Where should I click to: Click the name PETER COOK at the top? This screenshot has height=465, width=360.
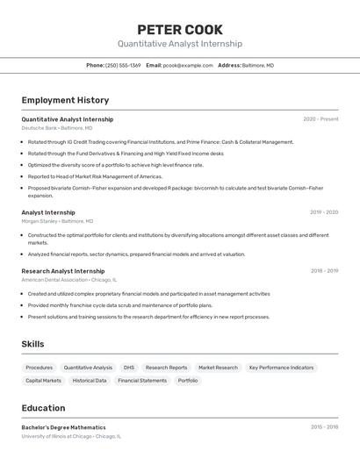[180, 30]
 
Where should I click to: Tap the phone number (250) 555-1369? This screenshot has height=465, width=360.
[123, 65]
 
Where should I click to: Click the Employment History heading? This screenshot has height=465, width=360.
[65, 100]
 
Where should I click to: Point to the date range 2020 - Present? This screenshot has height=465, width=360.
[320, 119]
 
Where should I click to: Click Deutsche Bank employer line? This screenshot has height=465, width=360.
[56, 128]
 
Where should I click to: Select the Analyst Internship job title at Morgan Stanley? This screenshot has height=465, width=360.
[48, 212]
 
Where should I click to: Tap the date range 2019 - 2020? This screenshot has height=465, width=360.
[324, 212]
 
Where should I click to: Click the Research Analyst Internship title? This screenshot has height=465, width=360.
[63, 271]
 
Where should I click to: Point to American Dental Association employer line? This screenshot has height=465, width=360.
[68, 280]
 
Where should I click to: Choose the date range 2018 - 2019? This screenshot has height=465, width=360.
[324, 271]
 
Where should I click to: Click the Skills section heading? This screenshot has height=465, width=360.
[32, 344]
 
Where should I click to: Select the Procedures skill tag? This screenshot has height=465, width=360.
[39, 368]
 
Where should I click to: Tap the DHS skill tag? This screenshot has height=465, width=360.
[129, 368]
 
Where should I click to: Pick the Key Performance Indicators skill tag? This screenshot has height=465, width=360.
[281, 368]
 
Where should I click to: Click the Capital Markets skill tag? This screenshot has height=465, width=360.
[44, 381]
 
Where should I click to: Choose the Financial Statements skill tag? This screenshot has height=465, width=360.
[142, 381]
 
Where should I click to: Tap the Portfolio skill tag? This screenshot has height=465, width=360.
[188, 381]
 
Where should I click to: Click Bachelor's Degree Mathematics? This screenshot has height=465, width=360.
[63, 427]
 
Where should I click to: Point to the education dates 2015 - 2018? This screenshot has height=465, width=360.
[324, 427]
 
